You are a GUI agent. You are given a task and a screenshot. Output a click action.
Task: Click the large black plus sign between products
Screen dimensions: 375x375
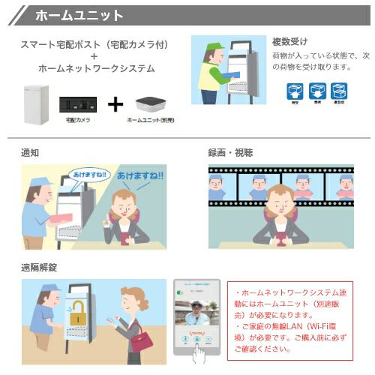[x=114, y=103]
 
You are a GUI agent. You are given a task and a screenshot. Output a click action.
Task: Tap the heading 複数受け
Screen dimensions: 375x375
[x=289, y=41]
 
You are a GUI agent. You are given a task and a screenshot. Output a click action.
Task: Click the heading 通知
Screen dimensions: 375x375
[x=31, y=152]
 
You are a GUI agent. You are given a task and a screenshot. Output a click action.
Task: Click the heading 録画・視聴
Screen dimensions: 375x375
[x=230, y=152]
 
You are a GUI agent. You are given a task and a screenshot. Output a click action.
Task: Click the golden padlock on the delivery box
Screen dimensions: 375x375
[x=76, y=318]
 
